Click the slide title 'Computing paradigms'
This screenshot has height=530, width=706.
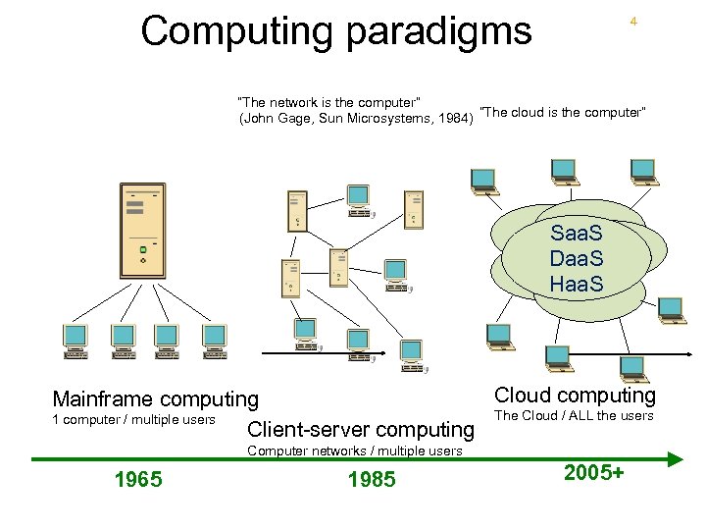click(x=335, y=30)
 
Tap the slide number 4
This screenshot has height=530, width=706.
click(x=633, y=21)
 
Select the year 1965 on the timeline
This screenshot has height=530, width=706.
click(x=138, y=480)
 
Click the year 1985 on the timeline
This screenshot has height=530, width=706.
click(x=372, y=480)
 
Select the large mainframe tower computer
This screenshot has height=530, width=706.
click(x=141, y=234)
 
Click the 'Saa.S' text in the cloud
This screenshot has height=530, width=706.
click(x=577, y=236)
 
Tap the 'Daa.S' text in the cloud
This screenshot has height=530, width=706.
click(x=577, y=260)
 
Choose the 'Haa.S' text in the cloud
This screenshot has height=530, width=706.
click(x=577, y=286)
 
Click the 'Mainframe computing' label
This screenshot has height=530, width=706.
click(x=155, y=399)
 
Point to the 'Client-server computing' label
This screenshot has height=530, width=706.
click(x=361, y=429)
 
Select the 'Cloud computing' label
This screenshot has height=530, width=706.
click(x=575, y=396)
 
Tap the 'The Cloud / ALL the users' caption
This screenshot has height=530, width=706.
click(x=574, y=416)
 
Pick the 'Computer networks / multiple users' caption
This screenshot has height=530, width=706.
click(x=354, y=450)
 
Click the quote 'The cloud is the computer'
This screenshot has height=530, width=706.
click(x=564, y=112)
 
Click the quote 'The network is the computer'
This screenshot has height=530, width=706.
click(x=329, y=102)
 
